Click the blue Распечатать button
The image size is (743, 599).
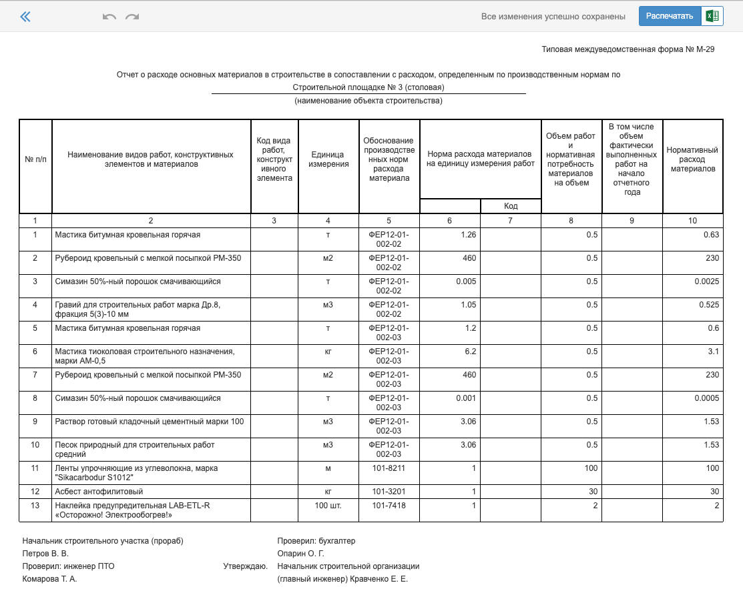tap(670, 16)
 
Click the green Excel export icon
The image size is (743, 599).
tap(712, 16)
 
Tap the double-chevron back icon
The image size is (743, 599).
tap(25, 17)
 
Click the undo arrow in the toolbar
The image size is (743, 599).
tap(109, 17)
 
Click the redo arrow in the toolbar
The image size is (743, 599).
tap(132, 17)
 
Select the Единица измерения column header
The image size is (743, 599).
tap(328, 159)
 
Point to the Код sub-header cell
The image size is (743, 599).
tap(511, 206)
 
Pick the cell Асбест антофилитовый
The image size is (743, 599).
tap(99, 492)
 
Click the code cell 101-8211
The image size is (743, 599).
tap(389, 468)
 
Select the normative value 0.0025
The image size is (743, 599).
tap(706, 281)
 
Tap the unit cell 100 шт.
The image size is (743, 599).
tap(328, 506)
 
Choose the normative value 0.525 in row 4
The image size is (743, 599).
tap(709, 305)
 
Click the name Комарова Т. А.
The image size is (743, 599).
tap(49, 579)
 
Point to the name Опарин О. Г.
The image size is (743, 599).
tap(300, 554)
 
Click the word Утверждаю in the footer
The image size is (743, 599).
tap(245, 566)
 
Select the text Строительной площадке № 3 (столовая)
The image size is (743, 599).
tap(368, 87)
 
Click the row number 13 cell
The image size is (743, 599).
tap(35, 506)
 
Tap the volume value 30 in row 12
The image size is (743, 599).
tap(591, 492)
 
